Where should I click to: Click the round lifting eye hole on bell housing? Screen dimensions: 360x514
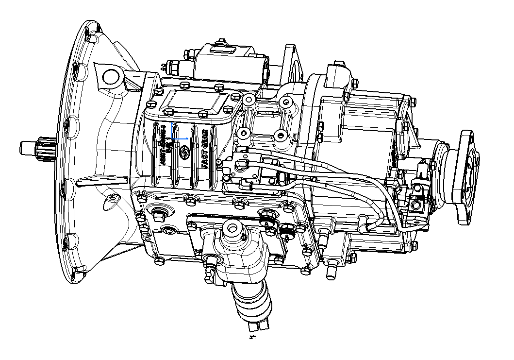112,77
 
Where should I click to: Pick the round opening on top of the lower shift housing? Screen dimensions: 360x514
232,228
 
